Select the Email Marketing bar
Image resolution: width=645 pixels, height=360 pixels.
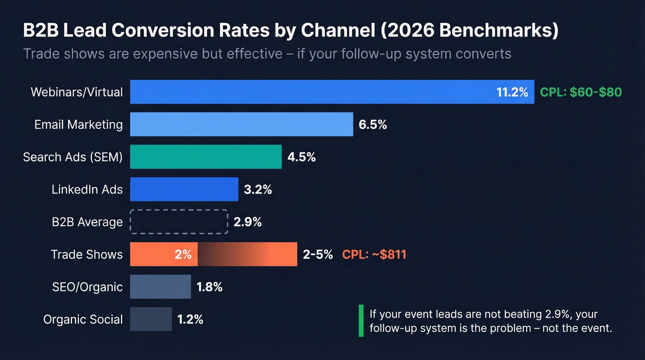click(241, 124)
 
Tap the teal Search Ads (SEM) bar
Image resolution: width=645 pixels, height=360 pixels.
click(205, 157)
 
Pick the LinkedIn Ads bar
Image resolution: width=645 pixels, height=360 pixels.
click(184, 189)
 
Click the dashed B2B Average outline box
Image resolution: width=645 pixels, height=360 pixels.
click(179, 222)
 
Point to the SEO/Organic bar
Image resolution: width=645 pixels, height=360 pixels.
click(160, 287)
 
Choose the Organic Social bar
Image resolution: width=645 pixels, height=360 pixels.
click(151, 319)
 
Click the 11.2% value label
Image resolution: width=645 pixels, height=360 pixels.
click(512, 92)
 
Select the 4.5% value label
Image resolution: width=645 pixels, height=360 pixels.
click(301, 157)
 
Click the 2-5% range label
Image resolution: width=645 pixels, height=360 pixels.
click(317, 254)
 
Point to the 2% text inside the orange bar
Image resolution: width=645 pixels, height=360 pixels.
click(183, 254)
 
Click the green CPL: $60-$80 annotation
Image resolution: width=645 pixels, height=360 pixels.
click(580, 92)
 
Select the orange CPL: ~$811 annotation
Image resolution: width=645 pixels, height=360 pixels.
click(374, 254)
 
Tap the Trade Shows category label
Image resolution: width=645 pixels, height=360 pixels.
click(87, 254)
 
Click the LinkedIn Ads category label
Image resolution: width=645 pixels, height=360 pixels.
click(87, 189)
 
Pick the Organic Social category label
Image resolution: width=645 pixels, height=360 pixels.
click(83, 319)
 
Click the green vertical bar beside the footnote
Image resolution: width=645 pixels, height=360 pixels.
click(361, 321)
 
